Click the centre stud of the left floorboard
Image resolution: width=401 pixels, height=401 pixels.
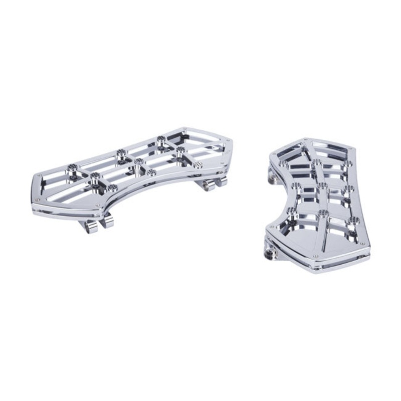139,161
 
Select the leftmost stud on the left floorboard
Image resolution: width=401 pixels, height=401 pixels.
71,166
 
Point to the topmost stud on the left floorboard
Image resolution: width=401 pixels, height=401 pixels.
160,139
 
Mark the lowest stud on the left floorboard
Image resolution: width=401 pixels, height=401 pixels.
112,188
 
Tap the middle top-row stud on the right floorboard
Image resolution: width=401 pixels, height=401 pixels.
317,162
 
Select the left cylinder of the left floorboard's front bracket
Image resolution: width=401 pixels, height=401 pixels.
91,227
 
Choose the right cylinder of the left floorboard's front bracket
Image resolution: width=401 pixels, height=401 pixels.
107,223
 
